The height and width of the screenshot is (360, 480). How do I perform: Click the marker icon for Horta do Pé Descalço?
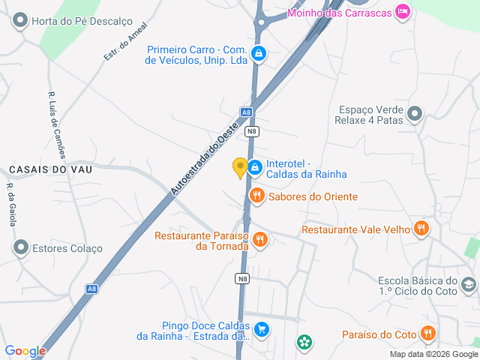(21, 21)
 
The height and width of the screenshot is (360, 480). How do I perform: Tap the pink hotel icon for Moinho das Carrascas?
(403, 10)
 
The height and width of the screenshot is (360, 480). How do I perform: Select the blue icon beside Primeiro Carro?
(259, 54)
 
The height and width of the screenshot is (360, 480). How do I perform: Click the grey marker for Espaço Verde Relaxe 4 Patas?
(415, 114)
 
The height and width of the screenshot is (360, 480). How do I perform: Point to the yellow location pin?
(240, 168)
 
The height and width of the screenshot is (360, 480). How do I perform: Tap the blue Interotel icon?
(255, 167)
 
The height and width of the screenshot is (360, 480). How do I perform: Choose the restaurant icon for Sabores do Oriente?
(257, 196)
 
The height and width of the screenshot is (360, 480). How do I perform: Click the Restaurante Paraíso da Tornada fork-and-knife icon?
(260, 239)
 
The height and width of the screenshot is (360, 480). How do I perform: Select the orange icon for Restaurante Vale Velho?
(422, 229)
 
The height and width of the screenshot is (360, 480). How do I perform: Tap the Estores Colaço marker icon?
(21, 247)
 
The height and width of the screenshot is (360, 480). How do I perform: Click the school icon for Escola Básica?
(469, 284)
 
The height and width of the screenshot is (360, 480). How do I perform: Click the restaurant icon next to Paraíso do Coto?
(427, 333)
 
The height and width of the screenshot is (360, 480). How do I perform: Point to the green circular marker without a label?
(304, 343)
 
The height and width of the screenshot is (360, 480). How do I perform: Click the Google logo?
(25, 350)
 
